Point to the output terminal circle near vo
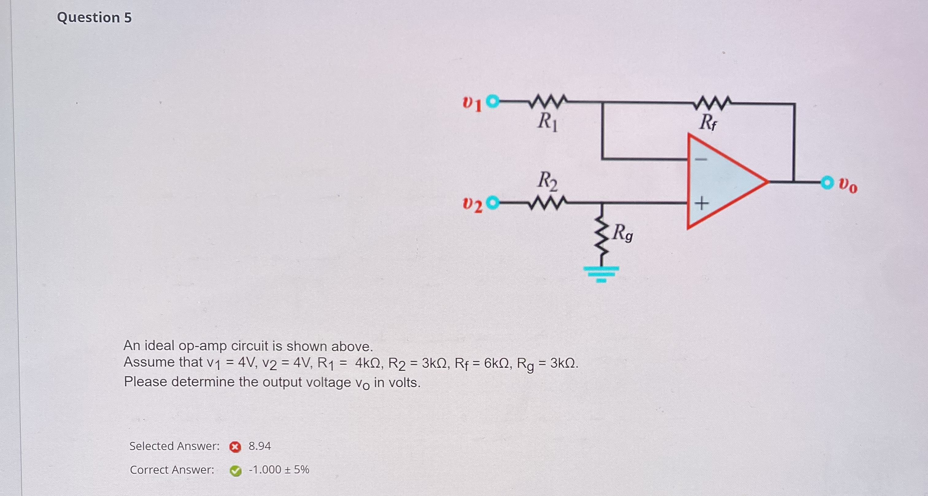click(827, 182)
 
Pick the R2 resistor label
click(547, 181)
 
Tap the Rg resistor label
click(623, 233)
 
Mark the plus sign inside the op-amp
click(701, 204)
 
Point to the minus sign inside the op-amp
click(701, 159)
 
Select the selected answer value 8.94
click(260, 446)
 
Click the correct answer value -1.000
click(265, 470)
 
